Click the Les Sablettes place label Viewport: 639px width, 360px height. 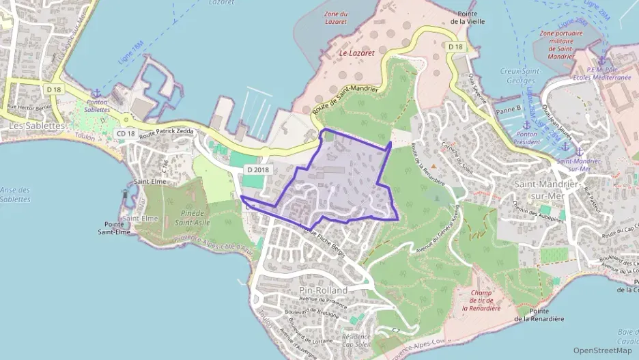[x=37, y=126]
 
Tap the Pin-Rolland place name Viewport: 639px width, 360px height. [x=323, y=290]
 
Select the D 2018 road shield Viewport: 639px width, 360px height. [x=259, y=169]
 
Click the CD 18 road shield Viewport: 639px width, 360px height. [x=126, y=133]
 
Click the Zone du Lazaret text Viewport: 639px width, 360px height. [x=336, y=18]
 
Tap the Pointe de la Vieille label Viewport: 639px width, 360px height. [x=467, y=18]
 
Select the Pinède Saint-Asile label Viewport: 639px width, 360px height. [x=191, y=217]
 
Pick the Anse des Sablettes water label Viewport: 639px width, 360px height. [x=15, y=195]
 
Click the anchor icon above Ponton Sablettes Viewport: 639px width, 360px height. [x=96, y=93]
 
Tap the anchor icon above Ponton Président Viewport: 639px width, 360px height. [x=526, y=125]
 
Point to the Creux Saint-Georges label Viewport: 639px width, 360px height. [x=520, y=76]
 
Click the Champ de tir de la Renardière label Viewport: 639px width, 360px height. [x=481, y=301]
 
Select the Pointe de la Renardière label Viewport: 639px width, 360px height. [x=539, y=314]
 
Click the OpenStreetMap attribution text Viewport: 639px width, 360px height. [x=602, y=350]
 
